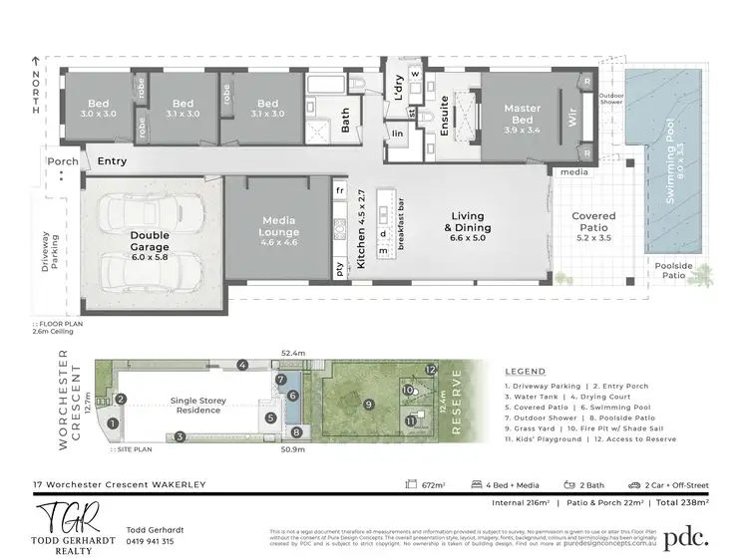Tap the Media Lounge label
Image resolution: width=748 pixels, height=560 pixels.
[280, 226]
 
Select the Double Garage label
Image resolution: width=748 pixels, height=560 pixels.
[150, 241]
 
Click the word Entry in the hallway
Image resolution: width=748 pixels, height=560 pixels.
[113, 160]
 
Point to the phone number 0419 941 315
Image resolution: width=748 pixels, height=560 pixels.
[151, 542]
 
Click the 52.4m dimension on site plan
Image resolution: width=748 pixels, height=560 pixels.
[293, 353]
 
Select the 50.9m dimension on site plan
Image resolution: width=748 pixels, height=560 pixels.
[293, 449]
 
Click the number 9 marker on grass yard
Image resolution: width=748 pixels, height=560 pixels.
[368, 404]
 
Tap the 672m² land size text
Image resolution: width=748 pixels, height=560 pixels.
[431, 485]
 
